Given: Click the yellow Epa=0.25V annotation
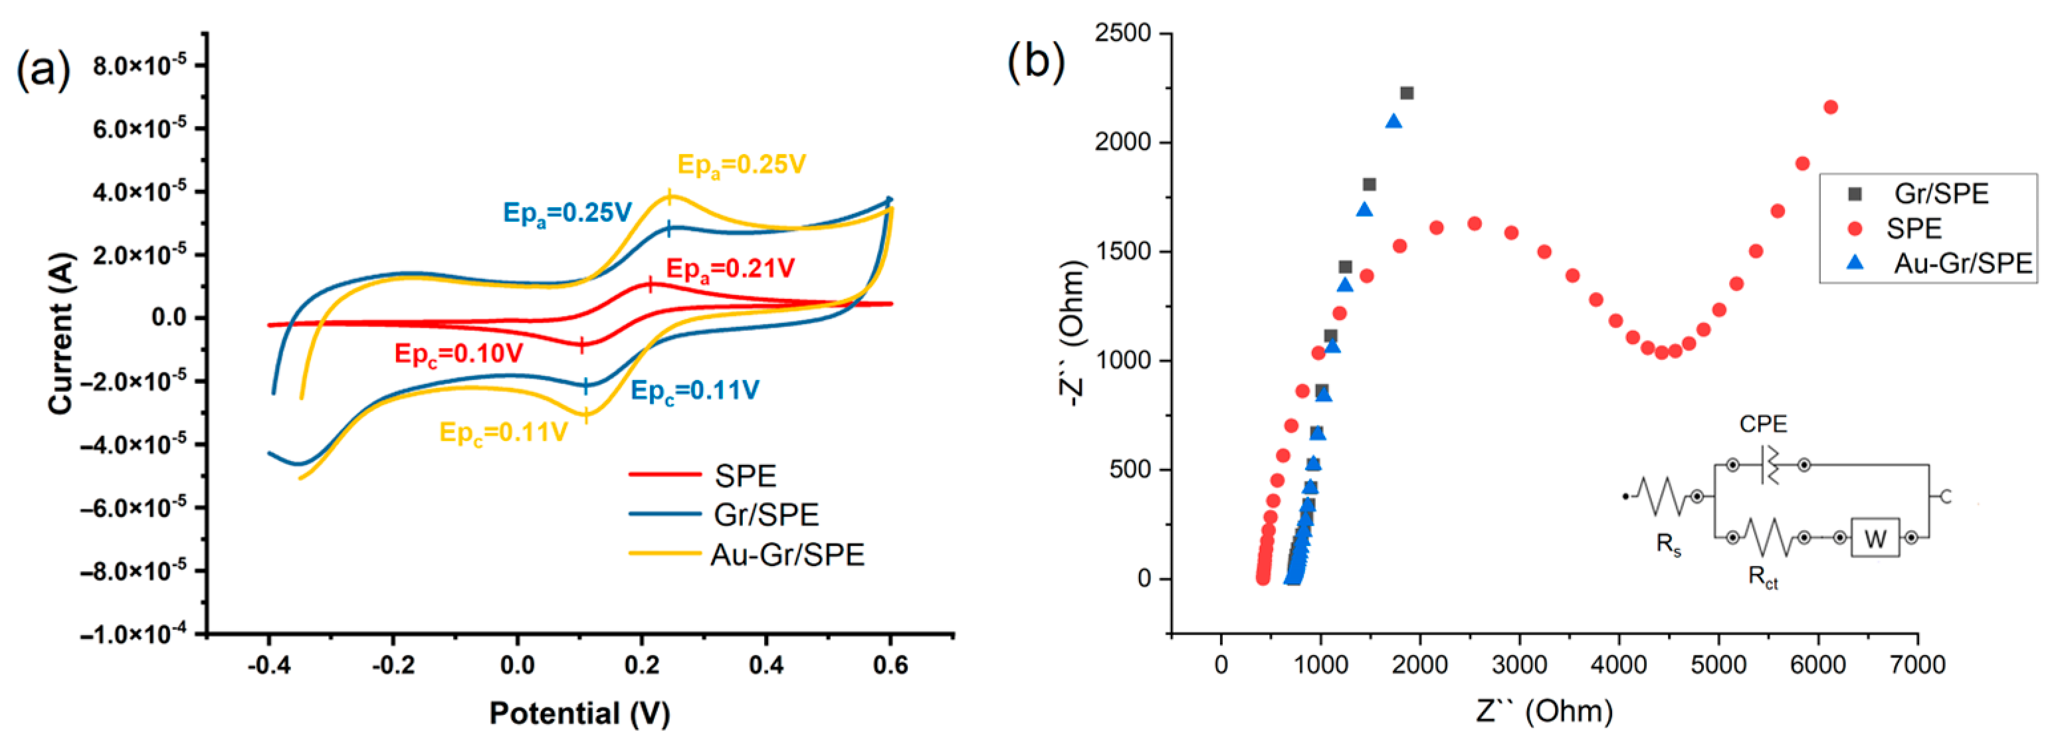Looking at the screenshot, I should tap(742, 165).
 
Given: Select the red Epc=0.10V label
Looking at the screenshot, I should tap(459, 353).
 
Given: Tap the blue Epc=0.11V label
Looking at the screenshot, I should tap(694, 391).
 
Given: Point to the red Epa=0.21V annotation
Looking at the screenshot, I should tap(730, 269).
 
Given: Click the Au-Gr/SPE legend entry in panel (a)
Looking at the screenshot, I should tap(786, 554).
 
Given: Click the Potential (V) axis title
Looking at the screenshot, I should tap(579, 713).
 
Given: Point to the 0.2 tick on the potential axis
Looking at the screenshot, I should tap(642, 664).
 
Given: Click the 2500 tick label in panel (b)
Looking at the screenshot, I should tap(1123, 33).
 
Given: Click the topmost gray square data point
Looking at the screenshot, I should tap(1406, 94).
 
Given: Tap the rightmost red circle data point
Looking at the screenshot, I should tap(1830, 107).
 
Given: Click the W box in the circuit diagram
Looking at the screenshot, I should tap(1874, 539).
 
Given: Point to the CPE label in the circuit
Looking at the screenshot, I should tap(1763, 424).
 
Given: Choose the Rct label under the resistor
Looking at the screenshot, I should tap(1762, 577).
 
